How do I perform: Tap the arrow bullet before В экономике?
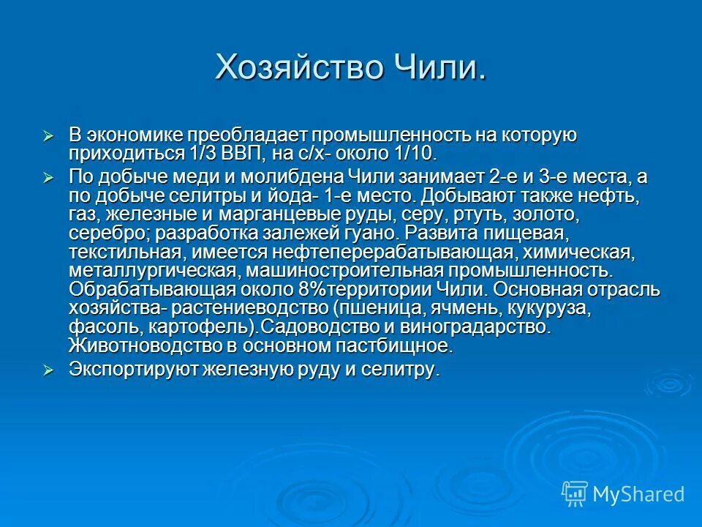point(49,136)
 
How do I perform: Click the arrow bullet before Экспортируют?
point(49,370)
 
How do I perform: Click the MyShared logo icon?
point(574,494)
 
